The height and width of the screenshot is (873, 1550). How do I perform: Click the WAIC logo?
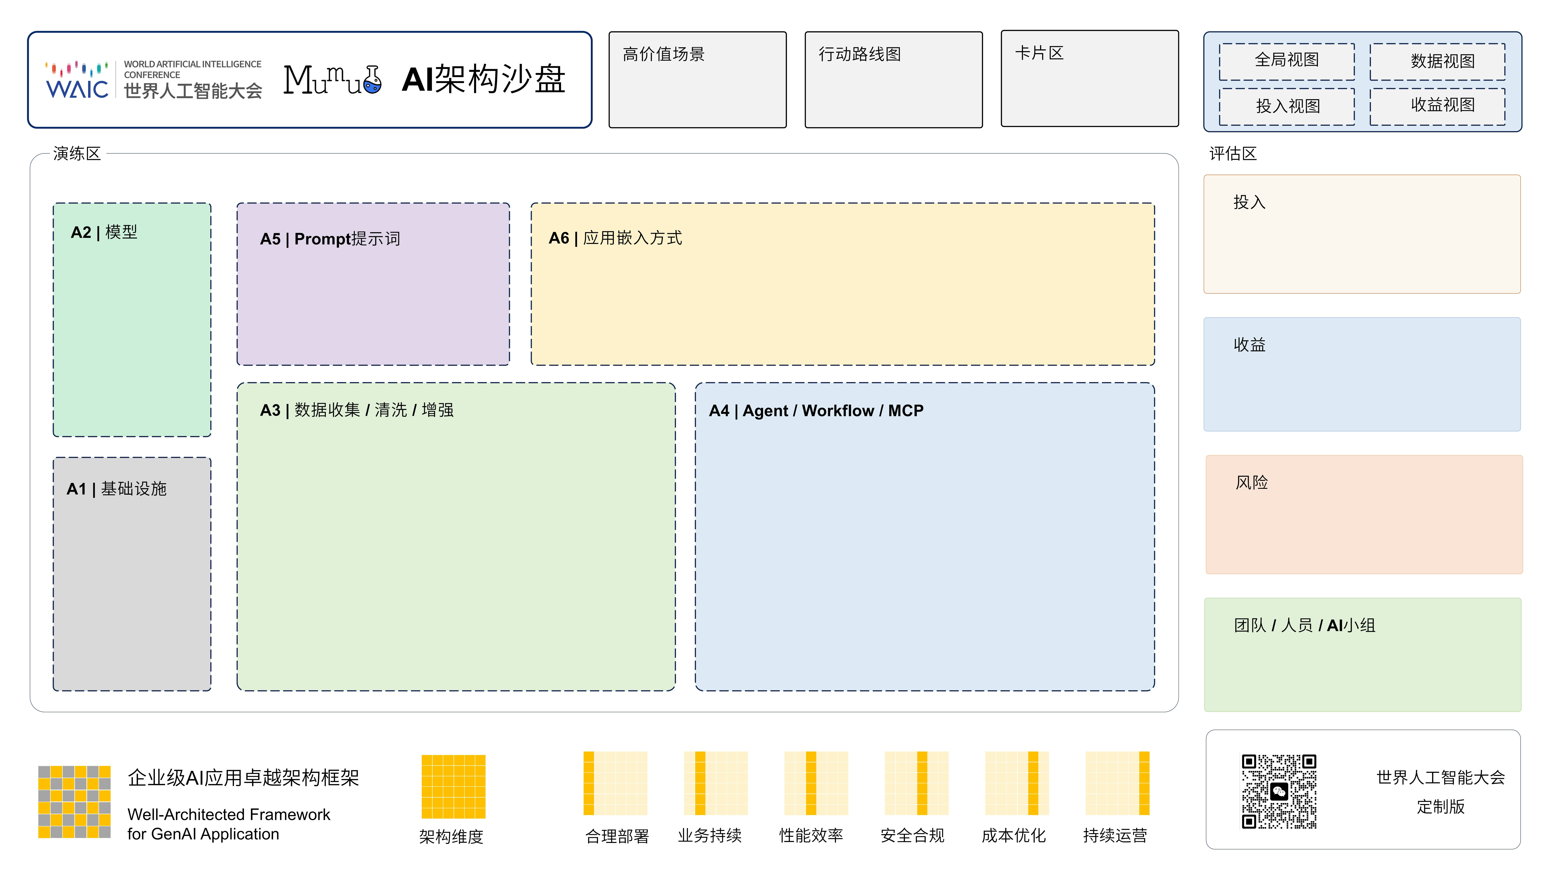[77, 80]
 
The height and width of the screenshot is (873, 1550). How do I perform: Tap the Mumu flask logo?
[332, 80]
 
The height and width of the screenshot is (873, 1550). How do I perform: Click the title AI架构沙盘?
[483, 80]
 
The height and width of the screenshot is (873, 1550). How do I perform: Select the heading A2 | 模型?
[104, 232]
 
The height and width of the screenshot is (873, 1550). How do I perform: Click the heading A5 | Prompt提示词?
[330, 239]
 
